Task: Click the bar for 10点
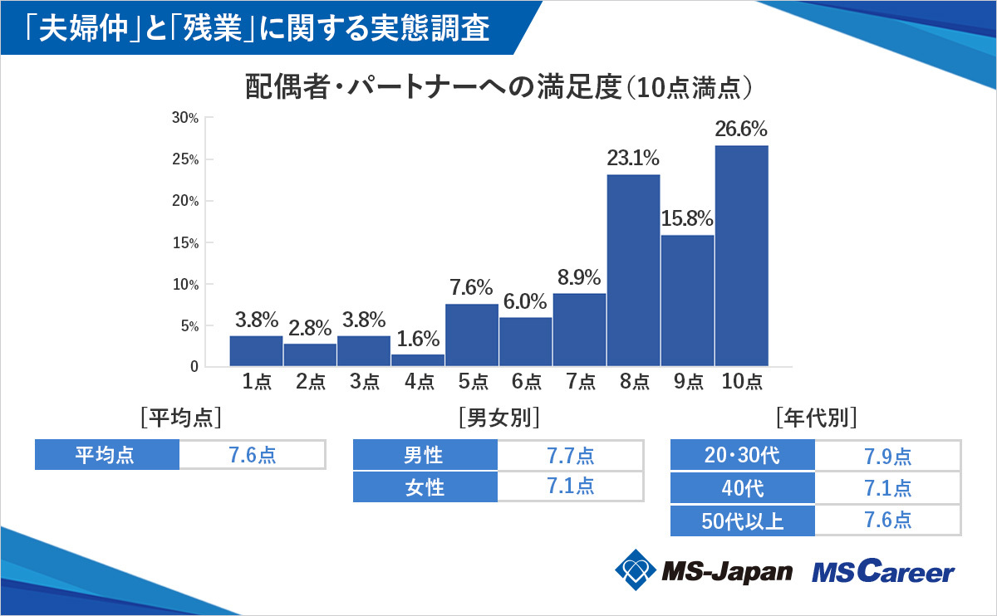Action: click(741, 256)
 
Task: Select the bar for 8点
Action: click(633, 270)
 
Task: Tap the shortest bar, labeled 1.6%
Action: click(418, 359)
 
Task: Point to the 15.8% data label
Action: click(687, 220)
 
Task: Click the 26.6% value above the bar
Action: click(741, 130)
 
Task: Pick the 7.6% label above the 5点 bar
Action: click(472, 289)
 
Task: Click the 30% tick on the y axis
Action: click(185, 118)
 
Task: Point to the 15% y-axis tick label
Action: click(185, 243)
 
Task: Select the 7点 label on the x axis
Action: click(579, 382)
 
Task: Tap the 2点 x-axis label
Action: click(310, 382)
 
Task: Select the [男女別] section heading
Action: click(498, 417)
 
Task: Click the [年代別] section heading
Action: click(815, 417)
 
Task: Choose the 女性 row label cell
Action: click(425, 487)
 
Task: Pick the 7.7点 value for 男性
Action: click(570, 456)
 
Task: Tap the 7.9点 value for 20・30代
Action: click(887, 456)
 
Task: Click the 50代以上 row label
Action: click(743, 521)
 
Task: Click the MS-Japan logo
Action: click(703, 570)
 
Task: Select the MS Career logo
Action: click(882, 571)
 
